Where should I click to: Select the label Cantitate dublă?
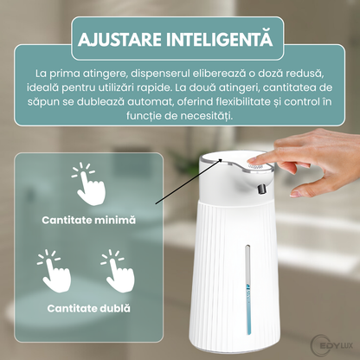click(89, 307)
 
